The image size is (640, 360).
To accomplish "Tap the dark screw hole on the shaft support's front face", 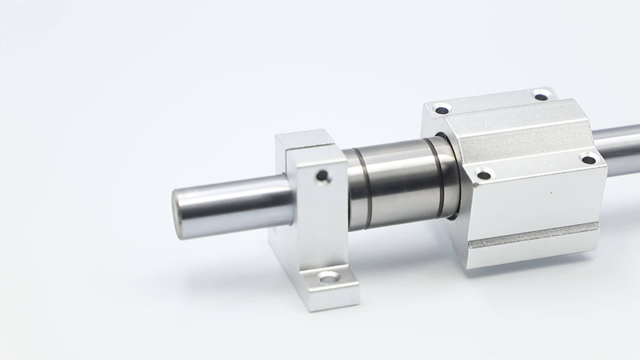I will click(x=322, y=175).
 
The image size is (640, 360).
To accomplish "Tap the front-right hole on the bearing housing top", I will click(x=589, y=159).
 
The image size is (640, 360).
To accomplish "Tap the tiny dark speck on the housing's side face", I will click(x=551, y=193).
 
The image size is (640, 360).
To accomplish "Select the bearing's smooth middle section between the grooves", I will click(x=400, y=187).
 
